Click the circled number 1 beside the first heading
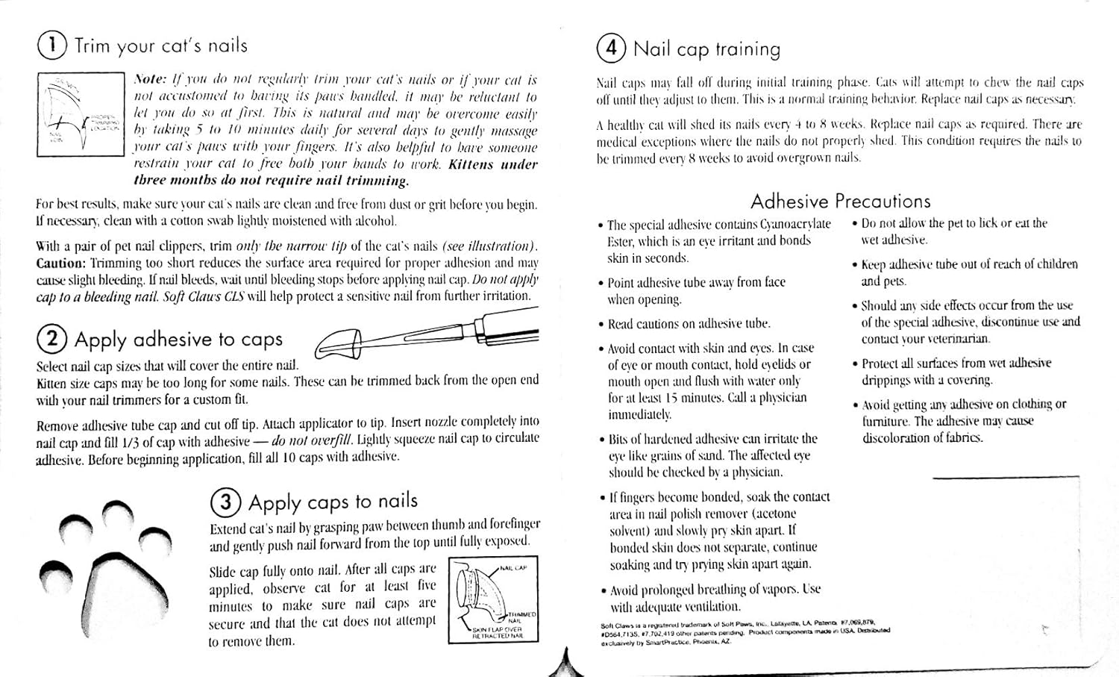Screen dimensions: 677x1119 (51, 46)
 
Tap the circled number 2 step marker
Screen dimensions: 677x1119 (51, 340)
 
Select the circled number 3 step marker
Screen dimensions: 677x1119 (225, 502)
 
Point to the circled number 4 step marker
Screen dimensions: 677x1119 (611, 49)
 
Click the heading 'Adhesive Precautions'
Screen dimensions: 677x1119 (840, 202)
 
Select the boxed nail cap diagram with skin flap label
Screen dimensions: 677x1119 (492, 599)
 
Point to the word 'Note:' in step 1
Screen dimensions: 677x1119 (150, 80)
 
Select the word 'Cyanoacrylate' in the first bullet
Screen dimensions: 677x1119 (795, 224)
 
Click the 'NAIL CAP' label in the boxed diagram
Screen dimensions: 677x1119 (513, 568)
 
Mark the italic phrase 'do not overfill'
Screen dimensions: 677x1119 (311, 440)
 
